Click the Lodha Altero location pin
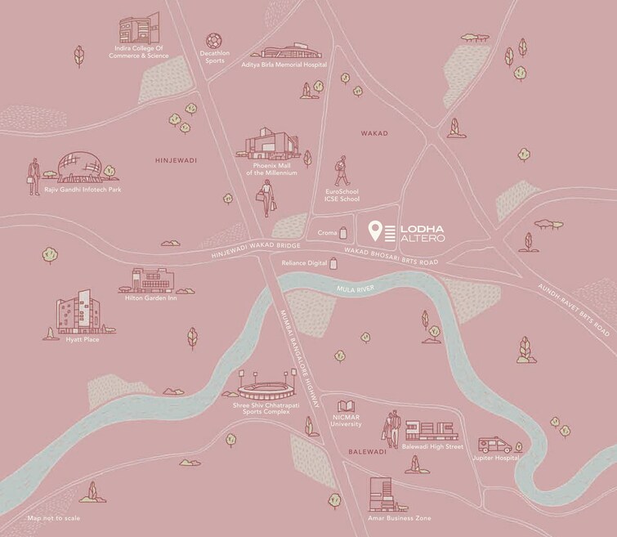pos(375,230)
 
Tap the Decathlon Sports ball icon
pos(215,38)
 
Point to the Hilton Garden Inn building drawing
pos(149,280)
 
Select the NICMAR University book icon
pos(347,406)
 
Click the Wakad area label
pos(374,132)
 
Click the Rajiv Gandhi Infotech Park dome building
pos(80,169)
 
